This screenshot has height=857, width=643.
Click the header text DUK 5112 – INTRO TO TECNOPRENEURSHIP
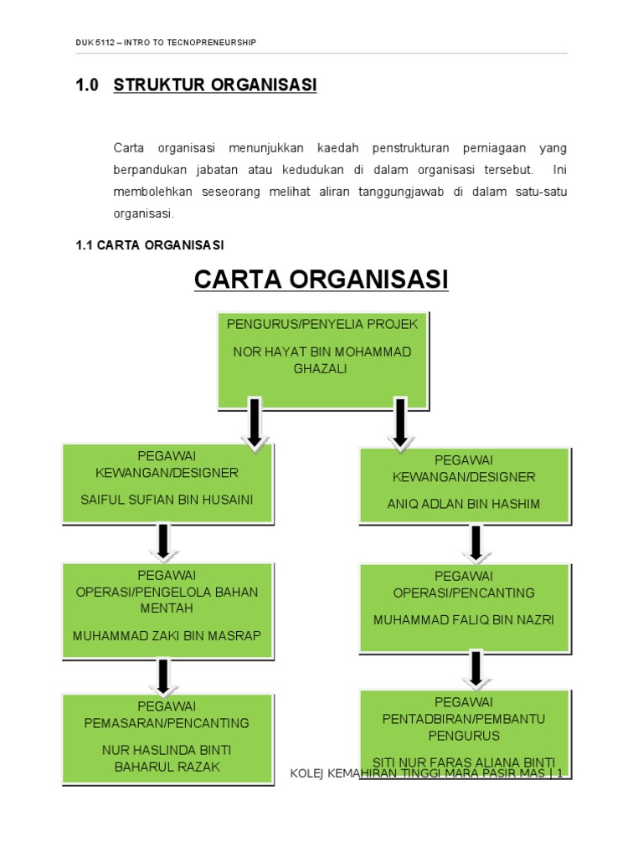[x=166, y=42]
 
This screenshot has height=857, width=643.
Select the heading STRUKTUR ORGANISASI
[x=215, y=85]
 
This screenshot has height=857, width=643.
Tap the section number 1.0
[x=87, y=85]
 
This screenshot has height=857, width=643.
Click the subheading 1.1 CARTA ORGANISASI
[x=150, y=244]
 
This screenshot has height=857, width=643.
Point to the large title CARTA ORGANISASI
[x=321, y=279]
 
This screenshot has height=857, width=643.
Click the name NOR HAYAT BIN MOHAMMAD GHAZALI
[x=322, y=360]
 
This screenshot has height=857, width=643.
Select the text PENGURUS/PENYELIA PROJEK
[x=322, y=324]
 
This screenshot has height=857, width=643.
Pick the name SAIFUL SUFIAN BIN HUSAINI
[x=167, y=500]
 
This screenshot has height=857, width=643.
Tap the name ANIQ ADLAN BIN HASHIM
[x=464, y=504]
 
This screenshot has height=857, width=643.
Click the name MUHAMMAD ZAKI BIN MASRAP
[x=167, y=635]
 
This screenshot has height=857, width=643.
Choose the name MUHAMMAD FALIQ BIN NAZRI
[x=464, y=620]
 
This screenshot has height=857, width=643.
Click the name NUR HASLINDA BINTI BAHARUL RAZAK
[x=167, y=757]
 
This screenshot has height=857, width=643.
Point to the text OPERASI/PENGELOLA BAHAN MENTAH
[x=167, y=599]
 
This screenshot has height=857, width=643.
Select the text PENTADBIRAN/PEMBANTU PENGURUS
[x=464, y=726]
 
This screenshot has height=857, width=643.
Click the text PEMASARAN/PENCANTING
[x=167, y=722]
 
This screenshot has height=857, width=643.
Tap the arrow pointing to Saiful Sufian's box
[x=255, y=425]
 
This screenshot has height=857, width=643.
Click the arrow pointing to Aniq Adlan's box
[x=400, y=425]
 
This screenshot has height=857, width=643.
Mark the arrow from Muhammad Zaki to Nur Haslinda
[x=164, y=676]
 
